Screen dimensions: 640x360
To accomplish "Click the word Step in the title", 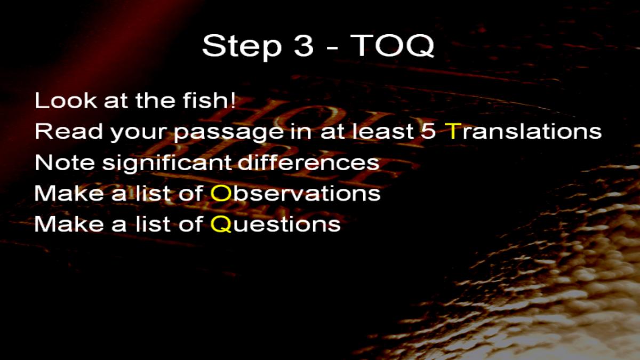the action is [x=242, y=46].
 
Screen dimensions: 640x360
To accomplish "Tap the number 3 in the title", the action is [x=303, y=46].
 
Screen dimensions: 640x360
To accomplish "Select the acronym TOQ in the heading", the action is [x=392, y=46].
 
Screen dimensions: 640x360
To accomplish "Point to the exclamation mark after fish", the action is [x=233, y=100].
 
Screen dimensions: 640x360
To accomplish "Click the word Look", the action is [x=66, y=100].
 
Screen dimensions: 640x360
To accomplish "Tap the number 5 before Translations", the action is [x=428, y=131].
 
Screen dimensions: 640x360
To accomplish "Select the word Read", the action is [x=69, y=131].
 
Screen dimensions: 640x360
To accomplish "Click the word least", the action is [x=383, y=131].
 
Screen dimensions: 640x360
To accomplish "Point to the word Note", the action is [x=65, y=162].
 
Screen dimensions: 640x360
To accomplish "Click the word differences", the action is [x=309, y=162].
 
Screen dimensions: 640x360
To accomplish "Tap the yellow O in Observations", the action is [x=221, y=193].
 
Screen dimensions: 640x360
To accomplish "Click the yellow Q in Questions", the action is [x=221, y=225].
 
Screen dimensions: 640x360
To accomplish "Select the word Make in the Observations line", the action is [x=69, y=193].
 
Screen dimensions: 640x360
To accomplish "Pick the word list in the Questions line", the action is [x=154, y=223].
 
